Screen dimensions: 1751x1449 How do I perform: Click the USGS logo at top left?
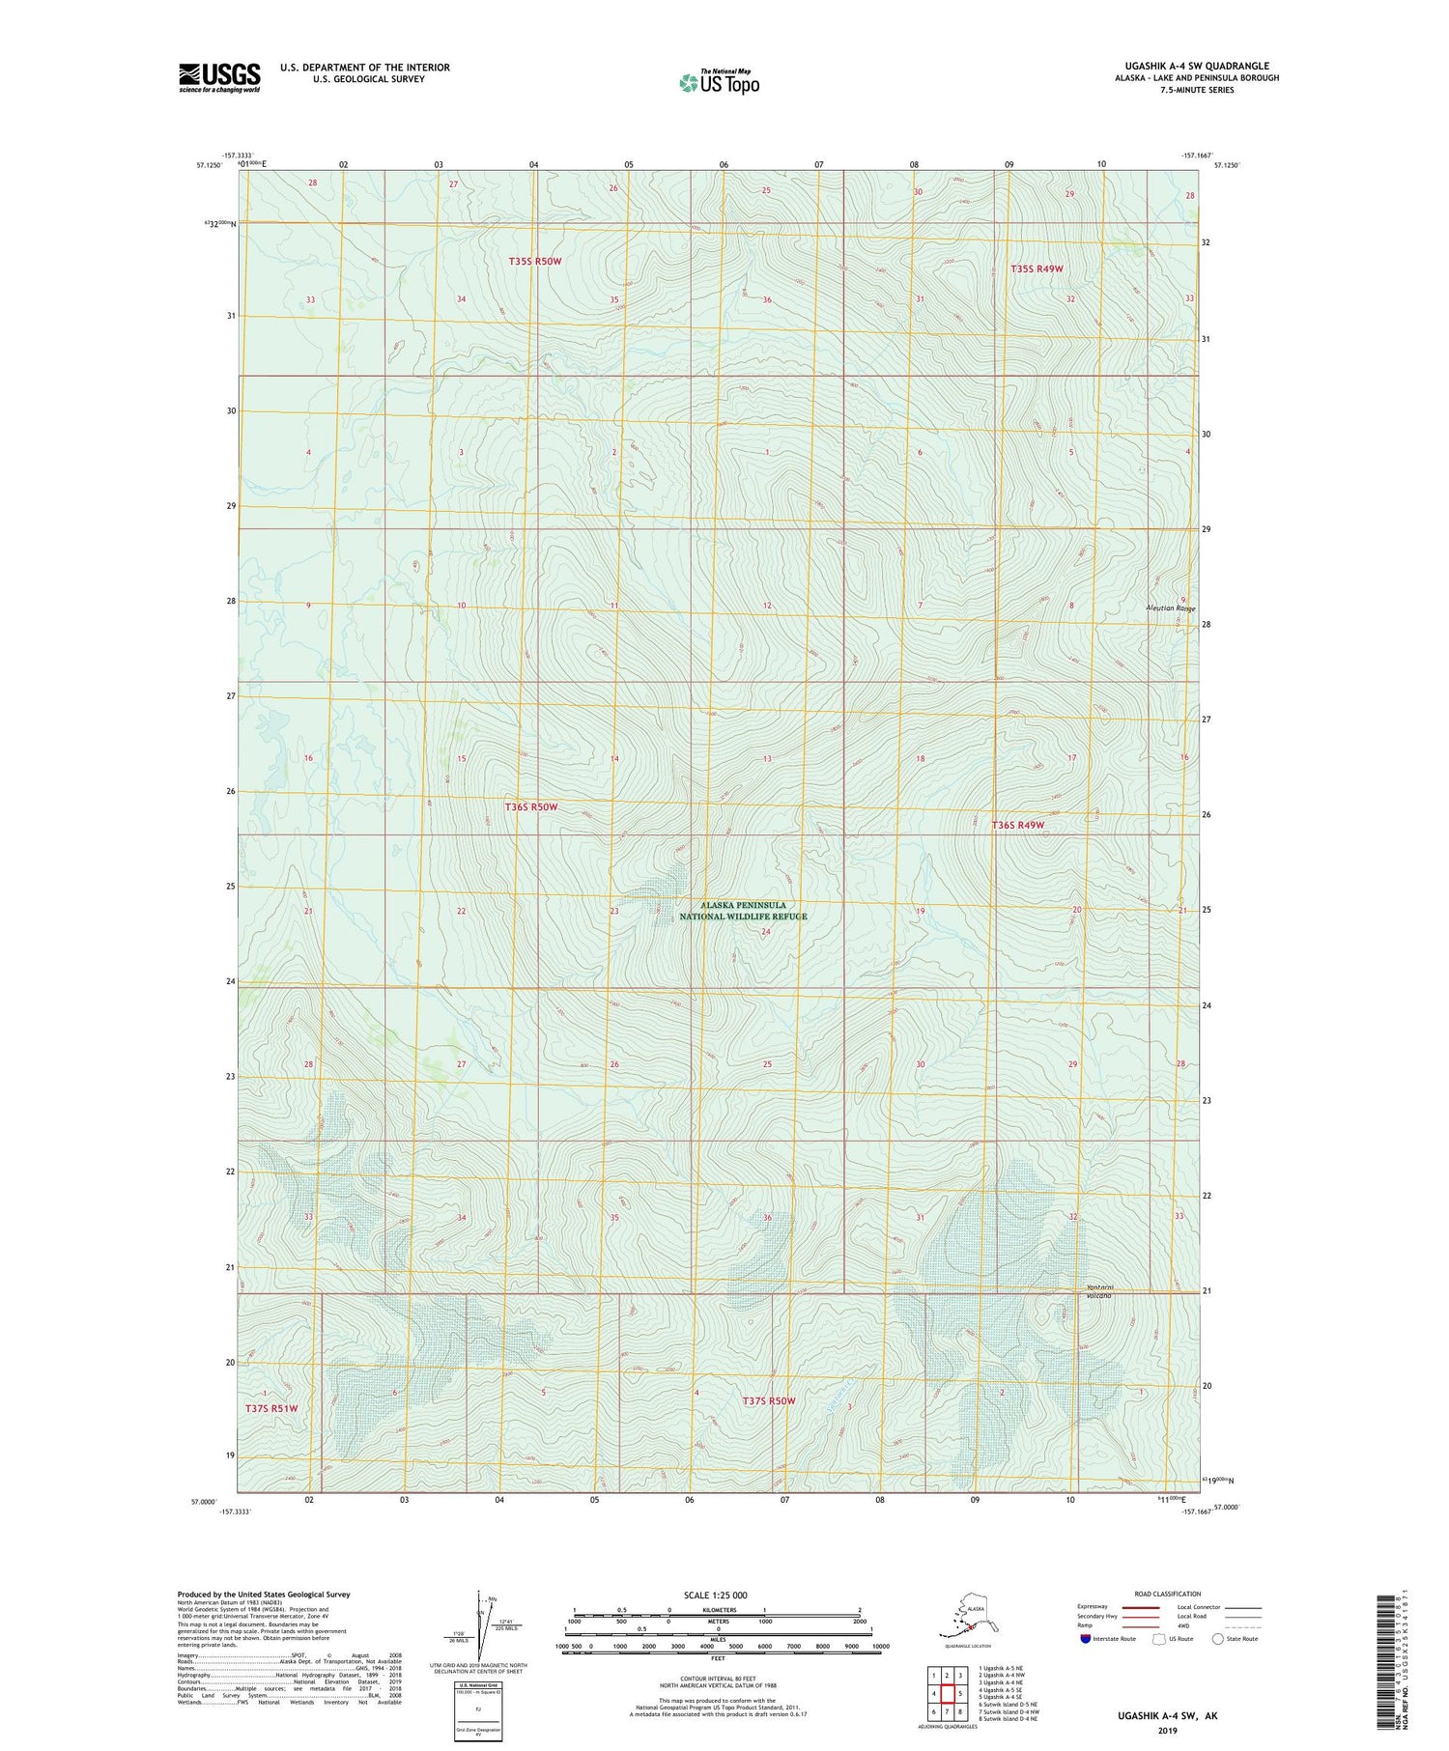pos(219,77)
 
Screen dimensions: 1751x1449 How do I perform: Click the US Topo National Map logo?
pos(719,81)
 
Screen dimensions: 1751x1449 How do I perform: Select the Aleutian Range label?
pos(1170,608)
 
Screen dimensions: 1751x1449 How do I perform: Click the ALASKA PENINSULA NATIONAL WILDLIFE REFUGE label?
pos(743,911)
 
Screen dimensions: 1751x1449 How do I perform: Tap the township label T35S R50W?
pos(534,262)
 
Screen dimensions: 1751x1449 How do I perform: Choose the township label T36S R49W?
pos(1017,826)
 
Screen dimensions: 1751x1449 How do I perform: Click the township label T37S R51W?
pos(271,1408)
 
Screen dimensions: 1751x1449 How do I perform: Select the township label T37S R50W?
pos(769,1400)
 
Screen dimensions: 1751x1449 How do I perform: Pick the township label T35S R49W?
pos(1037,268)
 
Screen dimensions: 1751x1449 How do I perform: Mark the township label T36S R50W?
pos(531,806)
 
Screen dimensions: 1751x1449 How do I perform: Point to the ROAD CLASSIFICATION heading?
pos(1168,1594)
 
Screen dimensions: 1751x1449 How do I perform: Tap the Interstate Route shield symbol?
pos(1086,1639)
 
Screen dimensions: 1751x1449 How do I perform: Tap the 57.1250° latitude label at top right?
pos(1227,165)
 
